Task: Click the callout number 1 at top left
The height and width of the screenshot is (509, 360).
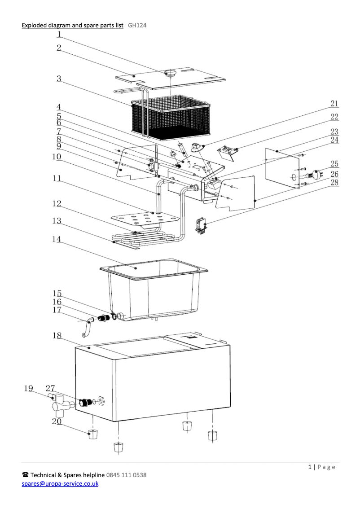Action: [x=59, y=33]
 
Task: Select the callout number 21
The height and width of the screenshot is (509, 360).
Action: [x=334, y=104]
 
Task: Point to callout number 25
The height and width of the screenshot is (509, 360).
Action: [x=334, y=164]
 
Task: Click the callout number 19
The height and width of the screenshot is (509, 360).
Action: [x=28, y=388]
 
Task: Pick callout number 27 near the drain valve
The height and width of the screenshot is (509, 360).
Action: [x=50, y=388]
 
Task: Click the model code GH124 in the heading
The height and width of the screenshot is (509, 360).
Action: [x=137, y=25]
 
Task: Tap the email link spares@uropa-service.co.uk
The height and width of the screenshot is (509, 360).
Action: [x=60, y=483]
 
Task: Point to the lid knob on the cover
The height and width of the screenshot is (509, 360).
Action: [x=171, y=73]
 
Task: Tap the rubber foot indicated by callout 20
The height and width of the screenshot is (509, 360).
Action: [x=92, y=434]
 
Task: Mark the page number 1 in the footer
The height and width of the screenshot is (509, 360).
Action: [x=310, y=467]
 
